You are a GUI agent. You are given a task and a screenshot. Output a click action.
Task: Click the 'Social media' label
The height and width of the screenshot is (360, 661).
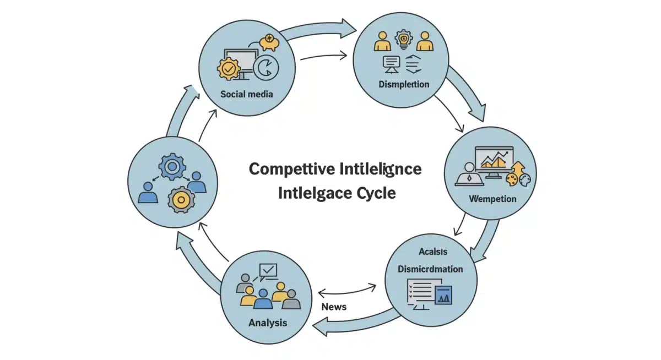coord(246,94)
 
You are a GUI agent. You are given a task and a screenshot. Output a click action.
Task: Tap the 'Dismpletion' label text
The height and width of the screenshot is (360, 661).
coord(404,84)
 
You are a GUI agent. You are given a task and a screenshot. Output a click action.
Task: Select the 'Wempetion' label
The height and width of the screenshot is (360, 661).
coord(492,198)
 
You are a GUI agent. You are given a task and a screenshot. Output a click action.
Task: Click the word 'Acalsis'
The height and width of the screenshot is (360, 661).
coord(433,252)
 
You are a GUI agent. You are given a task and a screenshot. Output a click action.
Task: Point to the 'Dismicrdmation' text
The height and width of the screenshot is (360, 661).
coord(430,269)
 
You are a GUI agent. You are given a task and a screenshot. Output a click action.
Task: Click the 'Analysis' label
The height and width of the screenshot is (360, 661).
coord(268,323)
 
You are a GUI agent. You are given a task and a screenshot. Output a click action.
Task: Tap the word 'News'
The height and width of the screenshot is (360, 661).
coord(334,307)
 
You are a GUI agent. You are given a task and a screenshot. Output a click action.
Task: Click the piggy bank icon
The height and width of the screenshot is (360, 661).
coord(269,42)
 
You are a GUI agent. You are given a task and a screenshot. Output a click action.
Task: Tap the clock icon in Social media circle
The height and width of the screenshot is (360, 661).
coord(267,68)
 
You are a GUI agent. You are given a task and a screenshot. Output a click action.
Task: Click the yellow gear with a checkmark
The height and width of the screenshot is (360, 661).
coord(229,69)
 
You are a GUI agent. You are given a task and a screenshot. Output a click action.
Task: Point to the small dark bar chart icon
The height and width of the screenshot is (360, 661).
coord(443,295)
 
